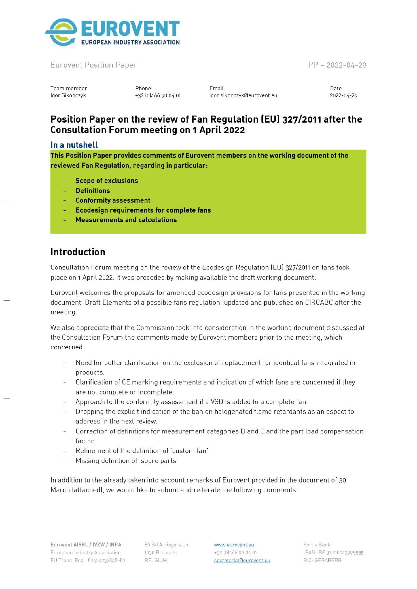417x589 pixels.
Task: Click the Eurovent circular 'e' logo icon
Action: [x=62, y=32]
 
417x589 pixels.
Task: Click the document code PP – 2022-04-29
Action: [x=337, y=65]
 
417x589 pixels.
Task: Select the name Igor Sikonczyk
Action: [x=68, y=95]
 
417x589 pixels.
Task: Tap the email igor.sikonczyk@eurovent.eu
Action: [x=243, y=95]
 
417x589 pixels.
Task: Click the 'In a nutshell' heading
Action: [x=74, y=145]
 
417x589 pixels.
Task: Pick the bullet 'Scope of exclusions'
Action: [x=107, y=181]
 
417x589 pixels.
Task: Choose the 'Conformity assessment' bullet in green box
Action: [x=113, y=200]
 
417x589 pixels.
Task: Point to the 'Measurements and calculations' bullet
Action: [x=126, y=220]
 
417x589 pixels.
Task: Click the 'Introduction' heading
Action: [x=78, y=252]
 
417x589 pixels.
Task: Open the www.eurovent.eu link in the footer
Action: [x=234, y=545]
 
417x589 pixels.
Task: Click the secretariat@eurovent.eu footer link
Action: [x=242, y=560]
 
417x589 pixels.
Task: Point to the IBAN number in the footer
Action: [x=333, y=552]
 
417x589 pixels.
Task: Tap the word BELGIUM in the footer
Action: [x=156, y=560]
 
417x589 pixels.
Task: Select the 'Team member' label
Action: [x=69, y=88]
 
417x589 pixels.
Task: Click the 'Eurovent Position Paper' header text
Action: [x=94, y=65]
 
